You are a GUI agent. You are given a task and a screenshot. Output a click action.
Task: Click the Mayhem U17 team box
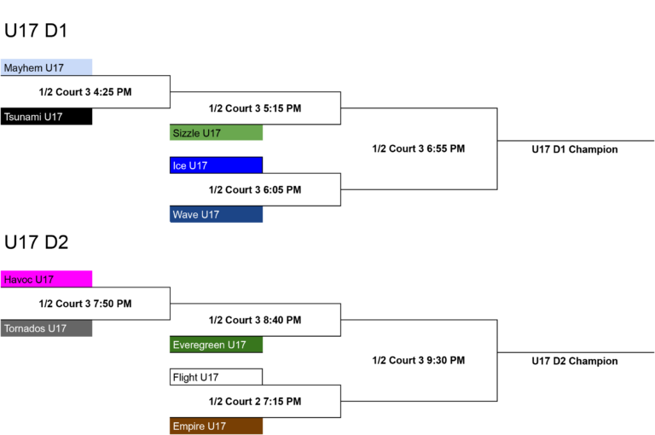pos(46,67)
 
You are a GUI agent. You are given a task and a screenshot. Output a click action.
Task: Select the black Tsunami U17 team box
pos(46,117)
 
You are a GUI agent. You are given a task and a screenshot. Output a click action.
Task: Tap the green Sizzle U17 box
pos(216,132)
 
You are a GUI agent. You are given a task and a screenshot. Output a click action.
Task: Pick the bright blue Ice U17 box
pos(216,165)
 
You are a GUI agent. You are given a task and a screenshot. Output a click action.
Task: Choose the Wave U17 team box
pos(216,214)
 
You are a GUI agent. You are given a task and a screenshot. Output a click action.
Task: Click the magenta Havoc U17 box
pos(46,279)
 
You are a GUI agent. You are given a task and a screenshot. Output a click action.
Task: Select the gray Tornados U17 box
pos(46,328)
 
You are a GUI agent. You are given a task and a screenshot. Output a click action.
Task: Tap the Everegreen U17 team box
pos(216,345)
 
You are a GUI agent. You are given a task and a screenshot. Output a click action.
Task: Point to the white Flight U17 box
pos(216,377)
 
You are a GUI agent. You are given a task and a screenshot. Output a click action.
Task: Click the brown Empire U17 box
pos(216,426)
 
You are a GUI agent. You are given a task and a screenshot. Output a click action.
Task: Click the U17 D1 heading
pos(36,31)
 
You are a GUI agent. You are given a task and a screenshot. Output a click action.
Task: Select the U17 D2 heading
pos(37,242)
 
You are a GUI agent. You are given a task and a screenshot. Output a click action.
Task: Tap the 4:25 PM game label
pos(85,92)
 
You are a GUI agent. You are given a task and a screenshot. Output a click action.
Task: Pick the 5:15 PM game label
pos(255,108)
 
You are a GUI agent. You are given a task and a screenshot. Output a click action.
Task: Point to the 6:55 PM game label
pos(419,148)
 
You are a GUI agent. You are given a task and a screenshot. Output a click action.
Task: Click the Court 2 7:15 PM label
pos(255,402)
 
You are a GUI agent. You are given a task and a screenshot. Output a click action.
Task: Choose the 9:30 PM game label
pos(419,360)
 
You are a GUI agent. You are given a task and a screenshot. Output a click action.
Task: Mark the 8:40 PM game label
pos(255,320)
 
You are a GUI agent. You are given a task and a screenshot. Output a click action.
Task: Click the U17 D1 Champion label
pos(574,149)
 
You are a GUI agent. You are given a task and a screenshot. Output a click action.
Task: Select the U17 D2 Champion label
pos(574,361)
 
